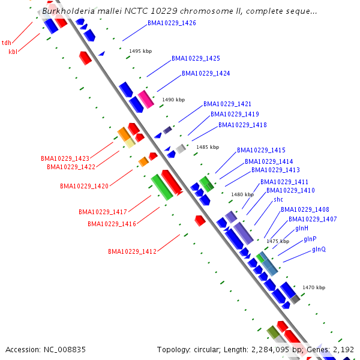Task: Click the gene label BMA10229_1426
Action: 172,23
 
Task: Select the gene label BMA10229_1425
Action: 196,59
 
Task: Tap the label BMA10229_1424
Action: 206,74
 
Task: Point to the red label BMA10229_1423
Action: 65,159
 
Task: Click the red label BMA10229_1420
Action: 84,187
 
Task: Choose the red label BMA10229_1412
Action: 132,251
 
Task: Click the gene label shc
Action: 278,199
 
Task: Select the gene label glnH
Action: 302,229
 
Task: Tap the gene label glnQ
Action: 319,249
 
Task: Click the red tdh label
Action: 7,43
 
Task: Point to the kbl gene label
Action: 13,52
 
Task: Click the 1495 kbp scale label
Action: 140,52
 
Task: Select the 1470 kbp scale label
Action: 314,288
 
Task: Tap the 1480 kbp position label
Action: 242,194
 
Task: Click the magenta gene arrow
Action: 146,99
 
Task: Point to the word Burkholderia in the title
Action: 67,11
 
